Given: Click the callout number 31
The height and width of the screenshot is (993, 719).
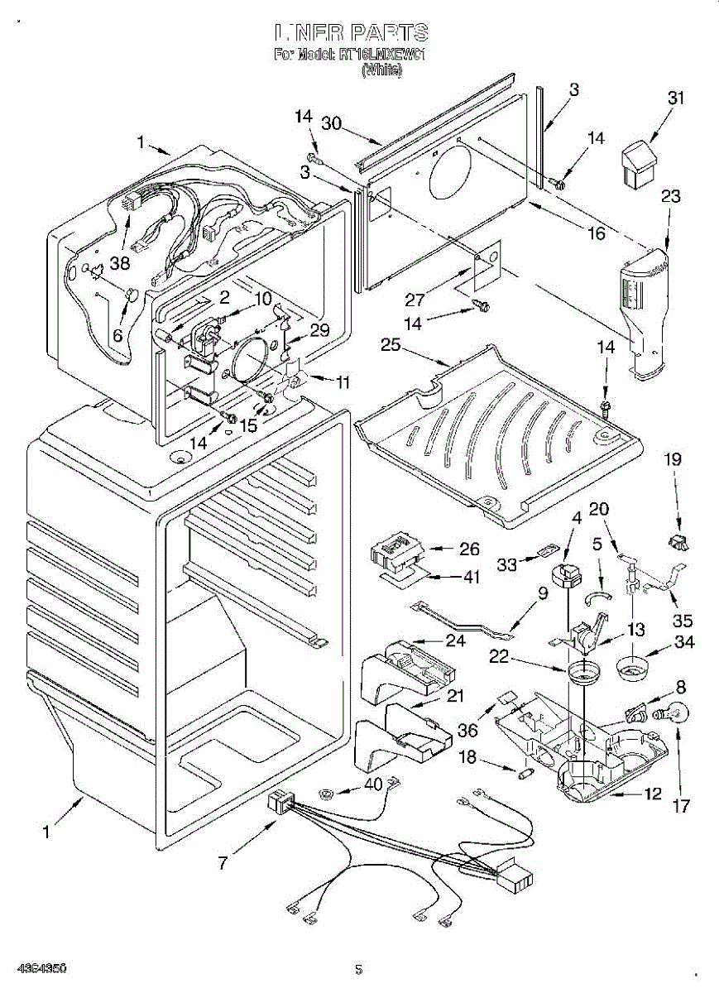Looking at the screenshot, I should (677, 98).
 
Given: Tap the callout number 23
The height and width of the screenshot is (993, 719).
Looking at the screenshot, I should (671, 197).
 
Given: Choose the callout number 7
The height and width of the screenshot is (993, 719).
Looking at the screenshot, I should (222, 863).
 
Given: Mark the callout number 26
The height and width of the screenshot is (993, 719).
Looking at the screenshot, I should (469, 549).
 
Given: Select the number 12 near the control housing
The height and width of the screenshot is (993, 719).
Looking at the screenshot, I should (653, 794).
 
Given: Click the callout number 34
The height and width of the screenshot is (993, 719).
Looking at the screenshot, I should (684, 641).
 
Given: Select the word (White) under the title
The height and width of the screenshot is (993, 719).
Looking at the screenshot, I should (381, 71).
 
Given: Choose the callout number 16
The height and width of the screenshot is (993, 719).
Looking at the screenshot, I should (596, 233).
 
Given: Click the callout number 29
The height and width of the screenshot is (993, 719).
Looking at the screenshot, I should (319, 330).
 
